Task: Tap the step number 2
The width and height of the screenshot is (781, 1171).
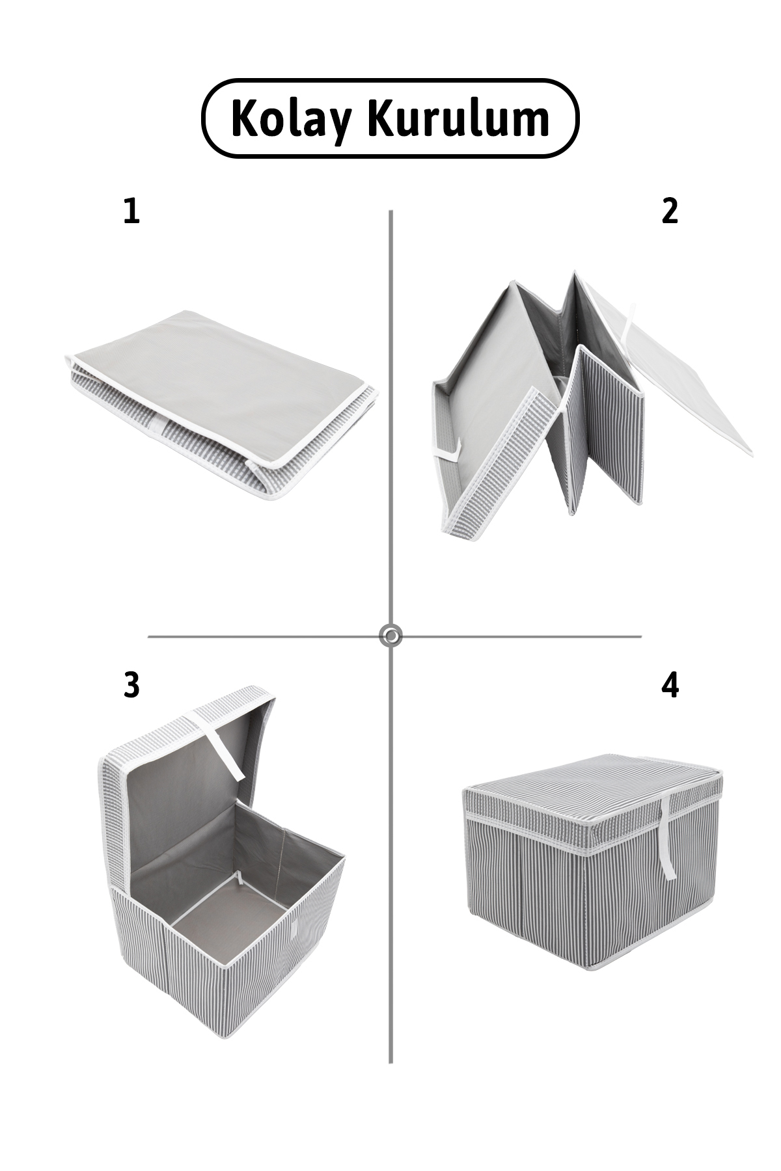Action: [670, 211]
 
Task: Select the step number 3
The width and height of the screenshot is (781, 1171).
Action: [131, 685]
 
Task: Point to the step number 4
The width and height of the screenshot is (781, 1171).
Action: [670, 685]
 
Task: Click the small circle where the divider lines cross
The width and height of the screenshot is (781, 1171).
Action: [390, 636]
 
